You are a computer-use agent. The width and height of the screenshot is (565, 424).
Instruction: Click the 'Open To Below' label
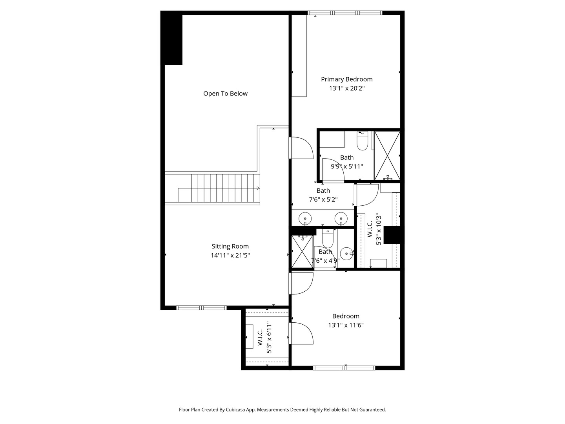coord(225,93)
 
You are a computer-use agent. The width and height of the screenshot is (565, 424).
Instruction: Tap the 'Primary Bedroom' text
coord(346,79)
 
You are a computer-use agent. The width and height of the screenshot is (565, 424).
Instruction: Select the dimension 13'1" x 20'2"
coord(346,89)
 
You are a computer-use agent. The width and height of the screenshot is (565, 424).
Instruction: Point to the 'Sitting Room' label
coord(230,247)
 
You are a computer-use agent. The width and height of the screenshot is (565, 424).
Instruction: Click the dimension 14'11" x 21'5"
coord(230,256)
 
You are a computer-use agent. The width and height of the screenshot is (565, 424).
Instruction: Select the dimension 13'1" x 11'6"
coord(346,325)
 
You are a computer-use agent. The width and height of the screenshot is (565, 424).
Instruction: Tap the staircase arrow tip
coord(259,188)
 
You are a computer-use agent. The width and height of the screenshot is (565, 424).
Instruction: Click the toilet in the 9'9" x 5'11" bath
coord(362,141)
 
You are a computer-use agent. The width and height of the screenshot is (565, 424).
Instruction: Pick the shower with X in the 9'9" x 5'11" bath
coord(387,156)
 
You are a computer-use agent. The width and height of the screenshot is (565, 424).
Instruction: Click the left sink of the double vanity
coord(305,218)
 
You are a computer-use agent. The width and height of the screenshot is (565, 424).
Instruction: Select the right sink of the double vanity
coord(341,218)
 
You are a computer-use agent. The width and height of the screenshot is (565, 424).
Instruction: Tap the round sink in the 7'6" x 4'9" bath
coord(346,254)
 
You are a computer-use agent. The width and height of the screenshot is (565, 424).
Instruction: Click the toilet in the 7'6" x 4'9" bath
coord(327,238)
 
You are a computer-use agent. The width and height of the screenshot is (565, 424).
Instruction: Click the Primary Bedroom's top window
coord(345,13)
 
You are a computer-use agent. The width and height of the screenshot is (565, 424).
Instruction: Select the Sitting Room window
coord(201,308)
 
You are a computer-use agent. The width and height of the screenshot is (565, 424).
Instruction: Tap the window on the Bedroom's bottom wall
coord(344,368)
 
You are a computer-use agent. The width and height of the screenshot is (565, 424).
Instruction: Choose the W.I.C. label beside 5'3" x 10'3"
coord(370,229)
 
